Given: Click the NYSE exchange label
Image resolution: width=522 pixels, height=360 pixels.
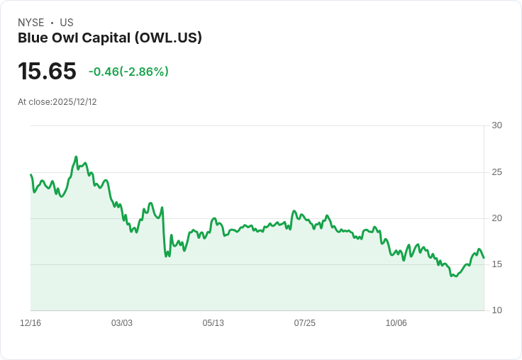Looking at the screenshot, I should click(30, 23).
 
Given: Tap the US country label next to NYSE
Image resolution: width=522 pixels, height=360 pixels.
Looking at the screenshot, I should click(67, 23).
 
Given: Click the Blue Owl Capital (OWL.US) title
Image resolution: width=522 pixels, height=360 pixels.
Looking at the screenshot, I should click(110, 38).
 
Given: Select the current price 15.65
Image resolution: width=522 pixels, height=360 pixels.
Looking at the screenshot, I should click(47, 71).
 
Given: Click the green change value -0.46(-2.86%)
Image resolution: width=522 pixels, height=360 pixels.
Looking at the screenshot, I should click(128, 72).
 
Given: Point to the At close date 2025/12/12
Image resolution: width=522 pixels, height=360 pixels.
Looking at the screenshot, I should click(57, 101).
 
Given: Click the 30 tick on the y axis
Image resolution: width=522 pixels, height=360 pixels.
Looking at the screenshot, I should click(496, 125).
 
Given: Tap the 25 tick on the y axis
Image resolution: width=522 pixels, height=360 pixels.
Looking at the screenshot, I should click(496, 172).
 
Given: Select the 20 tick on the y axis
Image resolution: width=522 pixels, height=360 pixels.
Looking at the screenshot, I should click(496, 218).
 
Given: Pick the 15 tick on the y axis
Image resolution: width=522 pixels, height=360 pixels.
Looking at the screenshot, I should click(496, 264).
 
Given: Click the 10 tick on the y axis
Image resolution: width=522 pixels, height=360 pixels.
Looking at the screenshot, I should click(496, 310).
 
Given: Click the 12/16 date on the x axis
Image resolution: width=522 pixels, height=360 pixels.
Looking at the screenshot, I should click(30, 323).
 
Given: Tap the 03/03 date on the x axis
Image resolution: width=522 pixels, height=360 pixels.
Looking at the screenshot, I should click(122, 323).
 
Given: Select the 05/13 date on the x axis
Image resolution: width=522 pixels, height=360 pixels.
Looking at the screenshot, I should click(213, 323).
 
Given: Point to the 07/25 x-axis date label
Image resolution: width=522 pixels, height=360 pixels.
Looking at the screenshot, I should click(305, 323).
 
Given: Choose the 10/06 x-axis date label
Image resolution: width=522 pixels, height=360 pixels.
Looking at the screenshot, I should click(396, 323).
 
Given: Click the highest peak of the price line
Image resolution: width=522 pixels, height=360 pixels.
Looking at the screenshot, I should click(76, 157).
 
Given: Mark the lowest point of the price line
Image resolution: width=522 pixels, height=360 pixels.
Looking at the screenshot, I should click(452, 276).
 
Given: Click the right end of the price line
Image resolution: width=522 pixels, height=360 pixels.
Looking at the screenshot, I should click(484, 258).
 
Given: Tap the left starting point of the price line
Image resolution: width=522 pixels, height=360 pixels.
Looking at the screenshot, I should click(30, 174).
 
